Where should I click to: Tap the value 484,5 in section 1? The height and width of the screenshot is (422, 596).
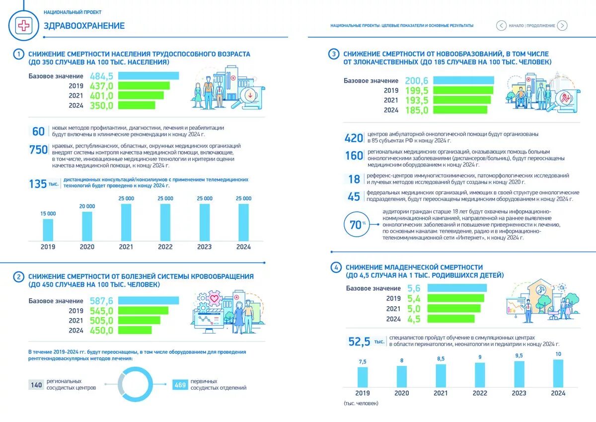[102, 76]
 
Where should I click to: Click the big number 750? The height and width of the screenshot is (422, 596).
[38, 150]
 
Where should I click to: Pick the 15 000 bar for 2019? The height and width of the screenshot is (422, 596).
[48, 229]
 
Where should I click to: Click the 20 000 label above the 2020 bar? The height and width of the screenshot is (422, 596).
[87, 206]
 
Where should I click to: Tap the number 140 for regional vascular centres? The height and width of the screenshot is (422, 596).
[36, 384]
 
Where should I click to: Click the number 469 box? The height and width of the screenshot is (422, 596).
[180, 384]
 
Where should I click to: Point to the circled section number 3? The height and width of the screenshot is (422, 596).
[334, 54]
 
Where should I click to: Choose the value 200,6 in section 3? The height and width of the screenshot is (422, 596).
[416, 81]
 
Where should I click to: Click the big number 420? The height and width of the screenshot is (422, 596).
[354, 138]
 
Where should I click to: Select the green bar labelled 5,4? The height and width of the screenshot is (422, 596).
[455, 298]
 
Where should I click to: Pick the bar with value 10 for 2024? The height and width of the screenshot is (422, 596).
[558, 373]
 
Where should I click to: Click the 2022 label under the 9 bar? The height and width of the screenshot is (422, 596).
[480, 393]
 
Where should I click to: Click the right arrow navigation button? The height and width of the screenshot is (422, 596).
[562, 25]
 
